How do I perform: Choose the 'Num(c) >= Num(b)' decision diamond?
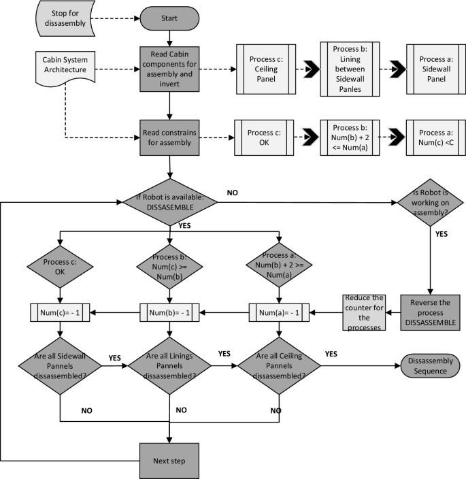coord(169,269)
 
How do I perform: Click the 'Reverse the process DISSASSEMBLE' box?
coord(430,312)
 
